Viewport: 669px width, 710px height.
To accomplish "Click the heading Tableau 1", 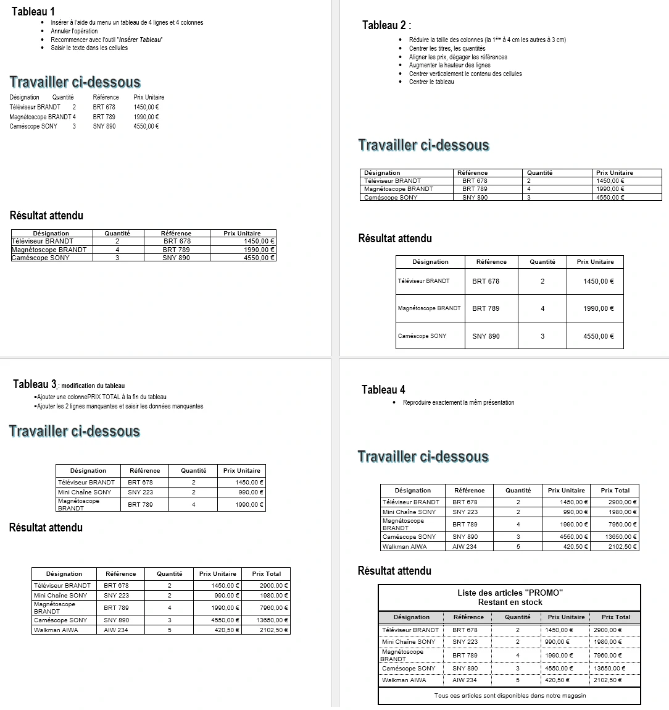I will [x=33, y=11].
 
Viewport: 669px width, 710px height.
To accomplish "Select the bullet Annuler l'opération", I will [x=74, y=31].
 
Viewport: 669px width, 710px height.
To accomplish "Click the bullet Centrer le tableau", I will [x=431, y=82].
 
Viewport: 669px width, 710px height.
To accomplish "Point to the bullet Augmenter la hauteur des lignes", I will [x=449, y=65].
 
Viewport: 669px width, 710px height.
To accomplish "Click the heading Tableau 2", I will [x=385, y=25].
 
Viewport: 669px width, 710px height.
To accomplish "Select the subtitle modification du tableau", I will [x=93, y=386].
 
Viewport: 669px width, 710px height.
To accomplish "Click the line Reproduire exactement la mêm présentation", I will [x=458, y=402].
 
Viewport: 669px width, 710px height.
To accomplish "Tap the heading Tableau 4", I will [x=383, y=389].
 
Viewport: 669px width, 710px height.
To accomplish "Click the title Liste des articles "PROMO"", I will [x=510, y=593].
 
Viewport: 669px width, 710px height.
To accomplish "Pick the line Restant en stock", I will [x=510, y=602].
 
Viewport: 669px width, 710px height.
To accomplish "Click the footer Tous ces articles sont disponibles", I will [x=510, y=695].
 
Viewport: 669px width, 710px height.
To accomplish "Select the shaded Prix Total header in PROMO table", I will [x=615, y=617].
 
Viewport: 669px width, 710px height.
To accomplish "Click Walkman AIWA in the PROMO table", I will [x=404, y=680].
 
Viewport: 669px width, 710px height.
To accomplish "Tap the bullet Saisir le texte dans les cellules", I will [x=89, y=48].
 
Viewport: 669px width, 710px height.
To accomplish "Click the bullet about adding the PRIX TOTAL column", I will [x=101, y=397].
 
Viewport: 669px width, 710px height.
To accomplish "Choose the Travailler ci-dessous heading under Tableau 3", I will [x=75, y=431].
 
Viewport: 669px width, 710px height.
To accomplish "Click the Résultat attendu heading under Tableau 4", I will [x=394, y=570].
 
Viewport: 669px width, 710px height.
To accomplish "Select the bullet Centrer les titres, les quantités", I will [x=447, y=48].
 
